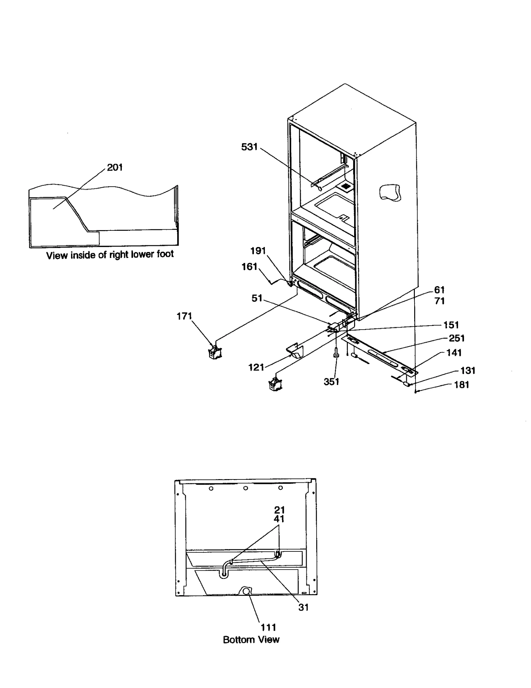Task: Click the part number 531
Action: [x=249, y=147]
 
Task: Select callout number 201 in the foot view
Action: [x=115, y=167]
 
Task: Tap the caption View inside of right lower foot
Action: [x=110, y=255]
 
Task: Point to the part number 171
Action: [x=184, y=316]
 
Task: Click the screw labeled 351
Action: [x=336, y=355]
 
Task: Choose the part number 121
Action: [x=256, y=367]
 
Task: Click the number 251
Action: [x=457, y=338]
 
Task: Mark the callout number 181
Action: [x=461, y=385]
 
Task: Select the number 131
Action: [x=468, y=370]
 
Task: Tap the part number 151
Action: [x=451, y=325]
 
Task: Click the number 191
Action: [x=258, y=251]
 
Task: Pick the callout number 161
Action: [x=250, y=266]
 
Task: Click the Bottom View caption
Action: [x=251, y=639]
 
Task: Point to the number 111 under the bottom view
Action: [x=268, y=627]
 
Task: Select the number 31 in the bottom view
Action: [x=303, y=607]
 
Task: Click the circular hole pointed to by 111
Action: [x=246, y=591]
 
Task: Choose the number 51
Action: [x=257, y=298]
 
